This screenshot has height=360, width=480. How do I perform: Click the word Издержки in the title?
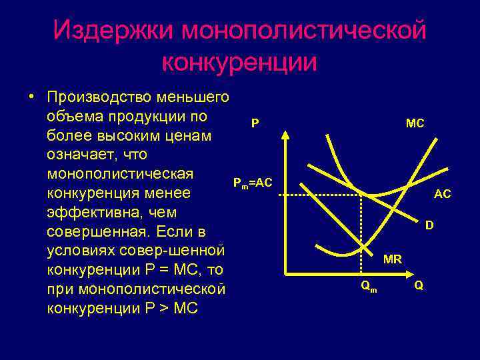point(116,29)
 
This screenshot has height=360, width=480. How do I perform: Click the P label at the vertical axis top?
point(255,123)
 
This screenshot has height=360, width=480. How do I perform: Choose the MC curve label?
point(415,123)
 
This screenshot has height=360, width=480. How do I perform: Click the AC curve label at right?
point(442,194)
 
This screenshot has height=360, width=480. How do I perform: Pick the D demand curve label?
point(430,225)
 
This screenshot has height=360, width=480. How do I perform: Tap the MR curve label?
point(393,259)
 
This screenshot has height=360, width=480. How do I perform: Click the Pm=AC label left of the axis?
point(252,183)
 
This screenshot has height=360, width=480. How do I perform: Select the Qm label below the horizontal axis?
point(367,286)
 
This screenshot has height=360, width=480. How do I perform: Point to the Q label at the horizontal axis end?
point(418,285)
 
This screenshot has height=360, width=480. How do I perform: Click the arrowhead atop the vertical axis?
point(285,133)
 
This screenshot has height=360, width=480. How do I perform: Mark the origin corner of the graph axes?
point(285,273)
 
